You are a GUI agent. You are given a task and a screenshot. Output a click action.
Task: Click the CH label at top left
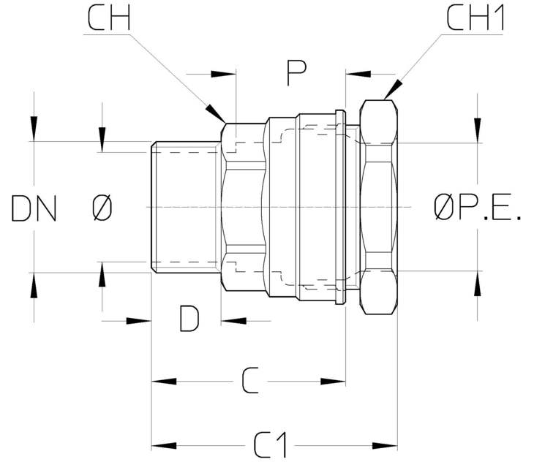coord(109,18)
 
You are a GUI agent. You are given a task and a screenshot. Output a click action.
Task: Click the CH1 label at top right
coord(475,18)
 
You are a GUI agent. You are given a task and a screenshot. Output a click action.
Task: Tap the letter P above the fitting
coord(296,73)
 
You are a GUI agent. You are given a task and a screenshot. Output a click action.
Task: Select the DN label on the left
coord(34,208)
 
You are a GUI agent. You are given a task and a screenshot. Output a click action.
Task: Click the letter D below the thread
coord(189,319)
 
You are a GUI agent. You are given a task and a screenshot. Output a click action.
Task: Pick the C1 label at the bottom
coord(271,445)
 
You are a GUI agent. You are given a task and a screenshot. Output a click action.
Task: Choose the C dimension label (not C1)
coord(251,380)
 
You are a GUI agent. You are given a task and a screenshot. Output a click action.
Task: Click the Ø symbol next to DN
coord(102,208)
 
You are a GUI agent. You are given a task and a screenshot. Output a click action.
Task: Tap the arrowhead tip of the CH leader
coord(225,123)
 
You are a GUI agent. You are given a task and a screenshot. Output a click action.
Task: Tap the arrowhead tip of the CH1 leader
coord(384,99)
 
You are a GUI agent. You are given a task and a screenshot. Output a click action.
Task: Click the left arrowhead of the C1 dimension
coord(151,446)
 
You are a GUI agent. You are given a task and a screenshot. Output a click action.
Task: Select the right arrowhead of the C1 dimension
coord(397,446)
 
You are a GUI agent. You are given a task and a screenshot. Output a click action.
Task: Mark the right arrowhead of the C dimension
coord(346,382)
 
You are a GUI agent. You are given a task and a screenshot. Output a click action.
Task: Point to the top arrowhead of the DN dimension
coord(34,141)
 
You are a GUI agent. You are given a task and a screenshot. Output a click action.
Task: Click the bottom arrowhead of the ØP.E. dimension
coord(478,271)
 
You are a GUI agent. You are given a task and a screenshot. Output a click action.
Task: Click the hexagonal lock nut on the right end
coord(379,207)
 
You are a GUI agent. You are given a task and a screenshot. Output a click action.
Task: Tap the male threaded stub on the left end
coord(186,207)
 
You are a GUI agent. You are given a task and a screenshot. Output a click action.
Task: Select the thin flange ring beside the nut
coord(340,207)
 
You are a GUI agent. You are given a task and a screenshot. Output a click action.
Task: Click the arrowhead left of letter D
coord(151,321)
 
